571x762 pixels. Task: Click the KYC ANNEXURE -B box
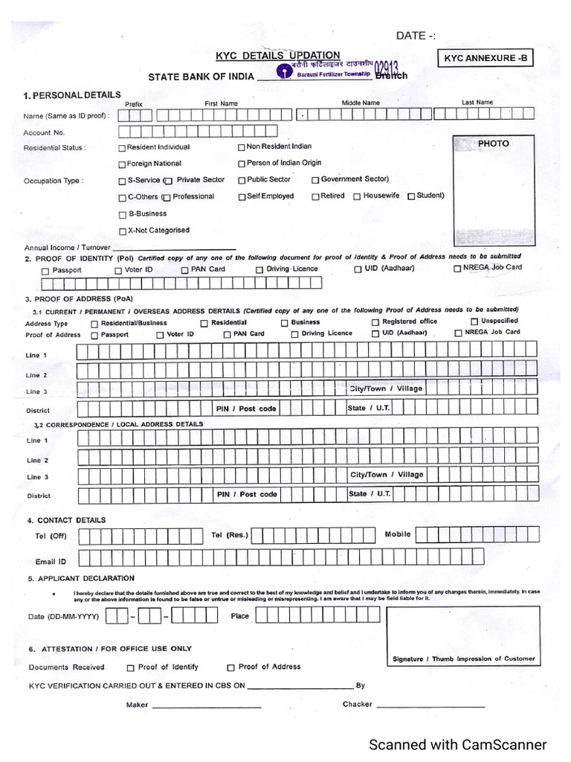488,57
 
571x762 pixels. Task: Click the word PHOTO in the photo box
493,143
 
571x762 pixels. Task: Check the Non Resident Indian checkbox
242,147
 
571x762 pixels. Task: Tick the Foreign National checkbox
122,164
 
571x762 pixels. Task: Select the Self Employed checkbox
242,197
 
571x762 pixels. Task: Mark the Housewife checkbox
357,196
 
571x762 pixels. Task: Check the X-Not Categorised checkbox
122,231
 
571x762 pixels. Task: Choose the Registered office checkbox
375,322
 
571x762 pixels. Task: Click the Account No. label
39,132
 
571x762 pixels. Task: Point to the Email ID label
51,562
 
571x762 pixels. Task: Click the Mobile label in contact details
398,534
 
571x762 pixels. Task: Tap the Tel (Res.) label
230,535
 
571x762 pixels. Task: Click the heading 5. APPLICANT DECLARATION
81,578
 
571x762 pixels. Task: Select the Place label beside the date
240,616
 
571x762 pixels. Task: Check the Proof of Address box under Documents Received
230,667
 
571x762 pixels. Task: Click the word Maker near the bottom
137,704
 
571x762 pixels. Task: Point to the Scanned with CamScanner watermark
458,745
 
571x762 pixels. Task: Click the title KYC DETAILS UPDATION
277,55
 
